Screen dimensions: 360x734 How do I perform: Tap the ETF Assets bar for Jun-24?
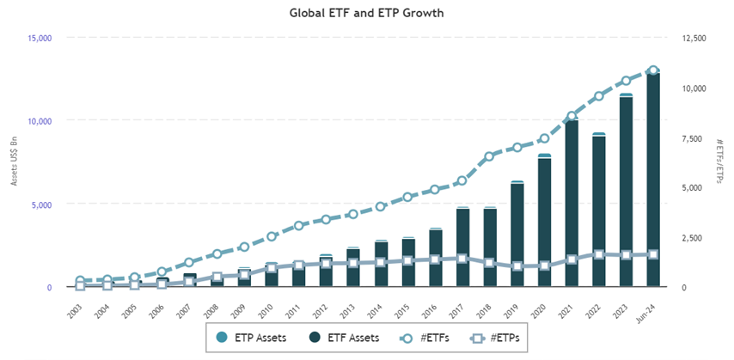[x=653, y=180]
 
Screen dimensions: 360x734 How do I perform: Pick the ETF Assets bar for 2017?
[x=462, y=248]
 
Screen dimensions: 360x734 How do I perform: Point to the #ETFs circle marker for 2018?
[x=490, y=156]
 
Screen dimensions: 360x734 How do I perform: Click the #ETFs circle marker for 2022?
[x=599, y=96]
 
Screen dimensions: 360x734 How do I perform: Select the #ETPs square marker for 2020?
[x=544, y=266]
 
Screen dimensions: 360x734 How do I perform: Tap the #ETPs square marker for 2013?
[x=353, y=263]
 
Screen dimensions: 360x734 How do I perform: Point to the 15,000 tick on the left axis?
[x=40, y=38]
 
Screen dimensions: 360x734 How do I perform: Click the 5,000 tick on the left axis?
[x=41, y=204]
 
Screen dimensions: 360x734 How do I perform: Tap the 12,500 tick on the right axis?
[x=694, y=38]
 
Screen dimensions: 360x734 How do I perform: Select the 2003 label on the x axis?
[x=76, y=306]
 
